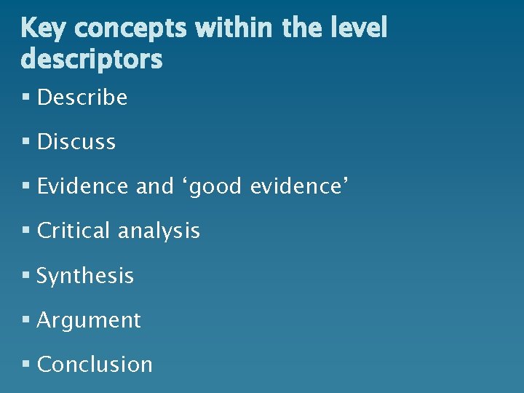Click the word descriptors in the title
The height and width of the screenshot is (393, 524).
(92, 60)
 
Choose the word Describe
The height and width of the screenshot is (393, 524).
(82, 98)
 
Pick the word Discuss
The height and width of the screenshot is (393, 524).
(76, 142)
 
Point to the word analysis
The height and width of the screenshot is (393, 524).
(159, 231)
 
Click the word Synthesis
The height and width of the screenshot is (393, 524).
(85, 277)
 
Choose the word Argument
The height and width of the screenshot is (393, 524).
(89, 321)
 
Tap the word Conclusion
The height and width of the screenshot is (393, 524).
(95, 364)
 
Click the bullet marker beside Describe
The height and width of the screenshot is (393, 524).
(26, 98)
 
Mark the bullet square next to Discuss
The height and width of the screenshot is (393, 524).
(26, 142)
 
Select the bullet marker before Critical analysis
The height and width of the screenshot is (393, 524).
(26, 231)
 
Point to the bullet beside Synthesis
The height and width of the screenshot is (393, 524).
(26, 276)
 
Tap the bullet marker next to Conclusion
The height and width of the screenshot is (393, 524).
(26, 364)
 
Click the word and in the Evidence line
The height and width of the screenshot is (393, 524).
(154, 186)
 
